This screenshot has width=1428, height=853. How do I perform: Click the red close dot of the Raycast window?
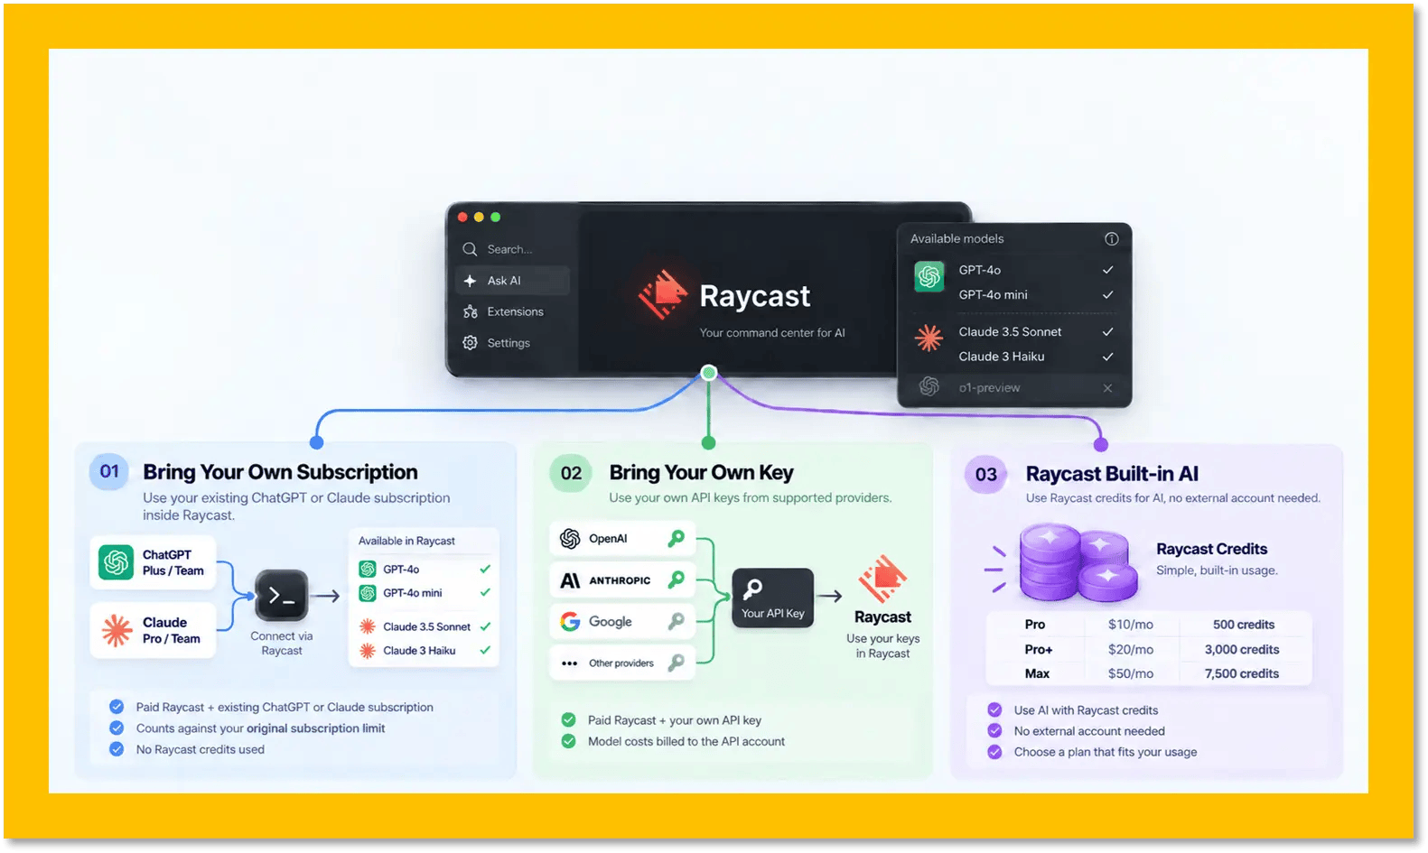click(462, 218)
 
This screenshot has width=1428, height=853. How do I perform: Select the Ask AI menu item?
click(504, 281)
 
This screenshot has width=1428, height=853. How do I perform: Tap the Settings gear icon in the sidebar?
click(470, 343)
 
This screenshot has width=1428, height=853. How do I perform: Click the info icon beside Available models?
click(1111, 239)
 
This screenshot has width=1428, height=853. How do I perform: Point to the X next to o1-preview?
click(1107, 388)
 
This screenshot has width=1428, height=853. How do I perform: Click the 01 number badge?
click(109, 471)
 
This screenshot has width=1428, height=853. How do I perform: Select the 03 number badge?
click(985, 474)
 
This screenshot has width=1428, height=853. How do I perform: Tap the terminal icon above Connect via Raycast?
click(281, 596)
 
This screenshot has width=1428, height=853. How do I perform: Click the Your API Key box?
click(772, 598)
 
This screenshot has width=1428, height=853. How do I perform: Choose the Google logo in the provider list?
click(570, 621)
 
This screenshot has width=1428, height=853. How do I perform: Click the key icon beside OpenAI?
click(676, 539)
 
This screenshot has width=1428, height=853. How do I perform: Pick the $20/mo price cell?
click(1130, 649)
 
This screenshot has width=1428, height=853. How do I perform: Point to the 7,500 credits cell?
click(1241, 673)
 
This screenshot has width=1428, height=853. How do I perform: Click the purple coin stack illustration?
click(1078, 562)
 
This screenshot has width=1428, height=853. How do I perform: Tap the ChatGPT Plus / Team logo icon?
click(116, 562)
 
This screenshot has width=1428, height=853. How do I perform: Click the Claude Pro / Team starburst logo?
click(117, 630)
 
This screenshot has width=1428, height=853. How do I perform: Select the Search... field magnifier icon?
click(470, 249)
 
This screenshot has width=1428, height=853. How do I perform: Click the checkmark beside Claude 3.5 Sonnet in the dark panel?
click(1107, 332)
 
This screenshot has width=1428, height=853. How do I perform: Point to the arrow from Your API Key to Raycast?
click(829, 597)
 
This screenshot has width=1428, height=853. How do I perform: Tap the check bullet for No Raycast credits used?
click(117, 749)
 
